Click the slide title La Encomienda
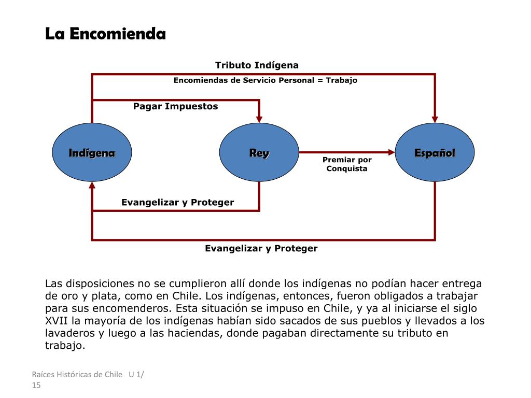pos(105,34)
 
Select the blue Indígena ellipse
pos(92,152)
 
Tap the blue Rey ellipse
pos(259,152)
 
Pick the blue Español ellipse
pos(435,152)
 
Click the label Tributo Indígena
pos(257,65)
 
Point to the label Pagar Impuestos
pos(175,106)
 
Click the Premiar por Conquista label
pos(347,164)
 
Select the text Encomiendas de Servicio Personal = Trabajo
pos(265,80)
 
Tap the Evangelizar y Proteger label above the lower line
pos(177,202)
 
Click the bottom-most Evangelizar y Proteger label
pos(261,248)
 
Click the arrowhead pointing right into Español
pos(391,152)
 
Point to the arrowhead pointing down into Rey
pos(259,118)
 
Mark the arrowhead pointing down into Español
pos(435,118)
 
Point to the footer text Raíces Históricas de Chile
pos(77,375)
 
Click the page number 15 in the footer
pos(36,385)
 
